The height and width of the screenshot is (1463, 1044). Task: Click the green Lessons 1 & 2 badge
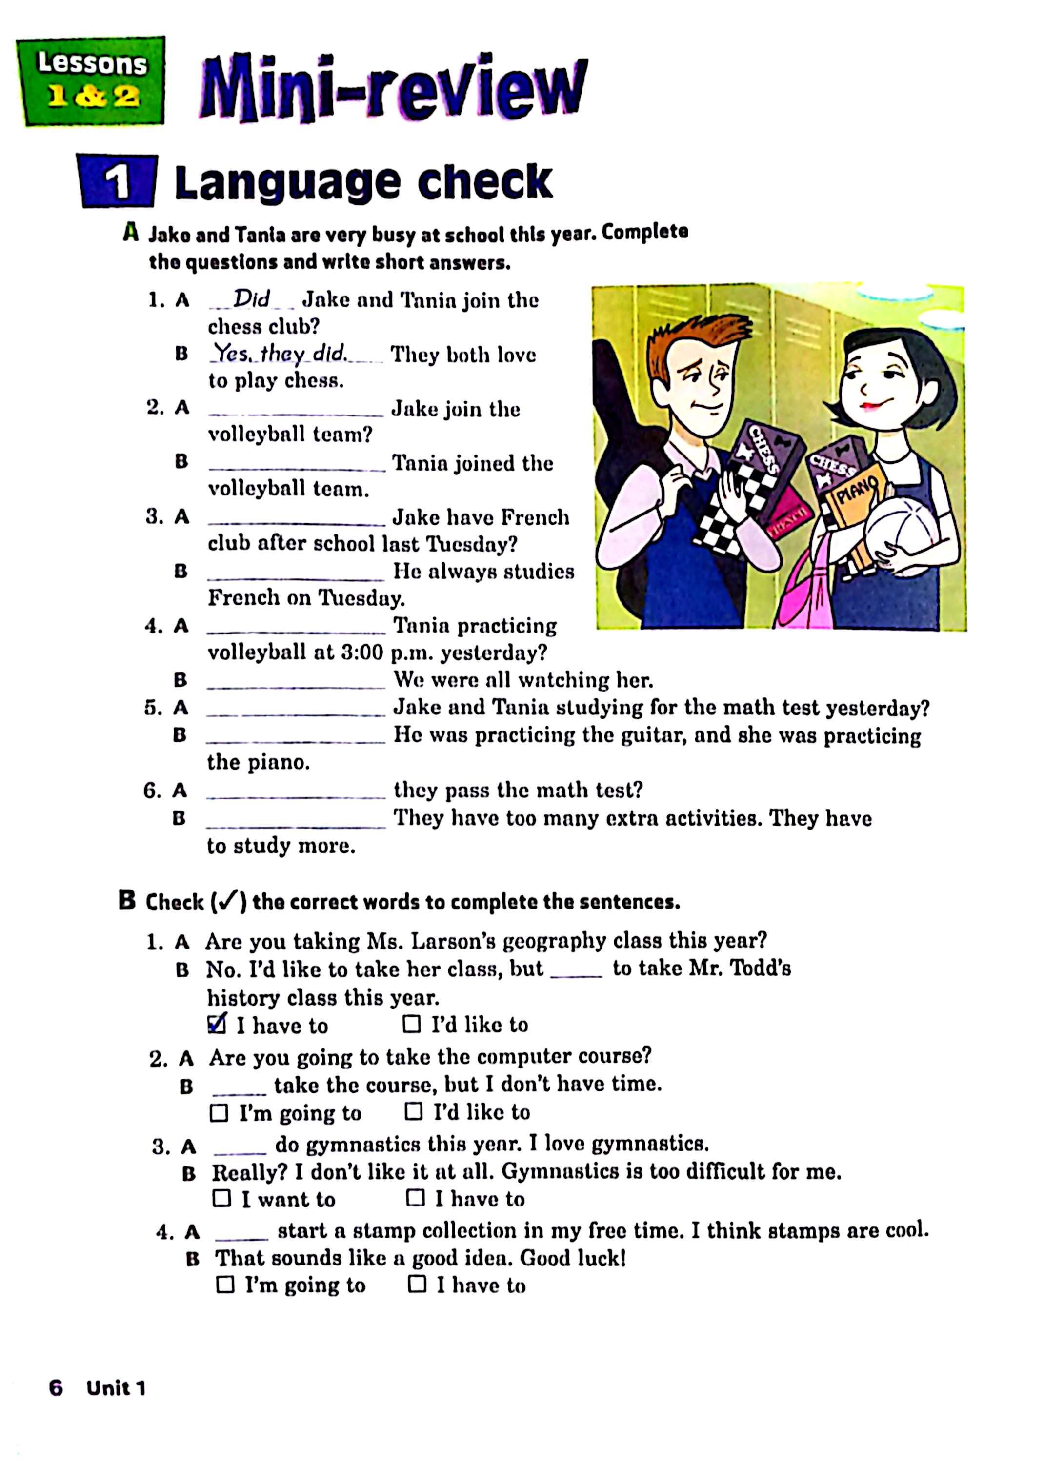click(x=91, y=81)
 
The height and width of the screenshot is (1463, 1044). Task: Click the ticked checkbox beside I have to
click(x=217, y=1024)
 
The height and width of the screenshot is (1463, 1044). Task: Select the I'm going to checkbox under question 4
click(x=225, y=1285)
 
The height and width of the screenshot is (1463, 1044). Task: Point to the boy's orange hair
click(x=694, y=335)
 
